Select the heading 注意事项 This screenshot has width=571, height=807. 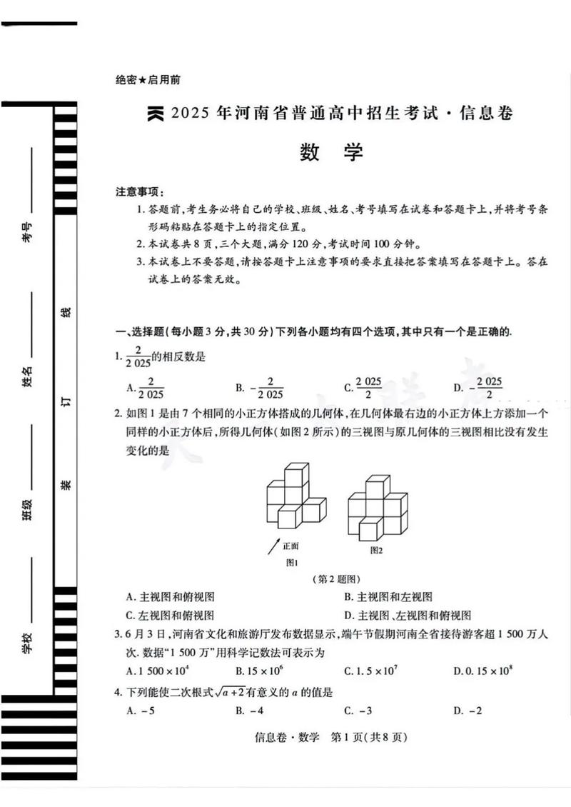point(140,192)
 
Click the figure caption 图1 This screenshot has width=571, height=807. point(291,562)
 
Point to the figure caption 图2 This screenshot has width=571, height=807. point(377,550)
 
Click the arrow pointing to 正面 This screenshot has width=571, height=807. point(273,547)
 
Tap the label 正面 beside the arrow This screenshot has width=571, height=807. point(290,545)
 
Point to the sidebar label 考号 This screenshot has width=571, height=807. point(27,231)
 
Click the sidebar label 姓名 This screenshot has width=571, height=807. point(27,375)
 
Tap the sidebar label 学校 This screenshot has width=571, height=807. point(27,645)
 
